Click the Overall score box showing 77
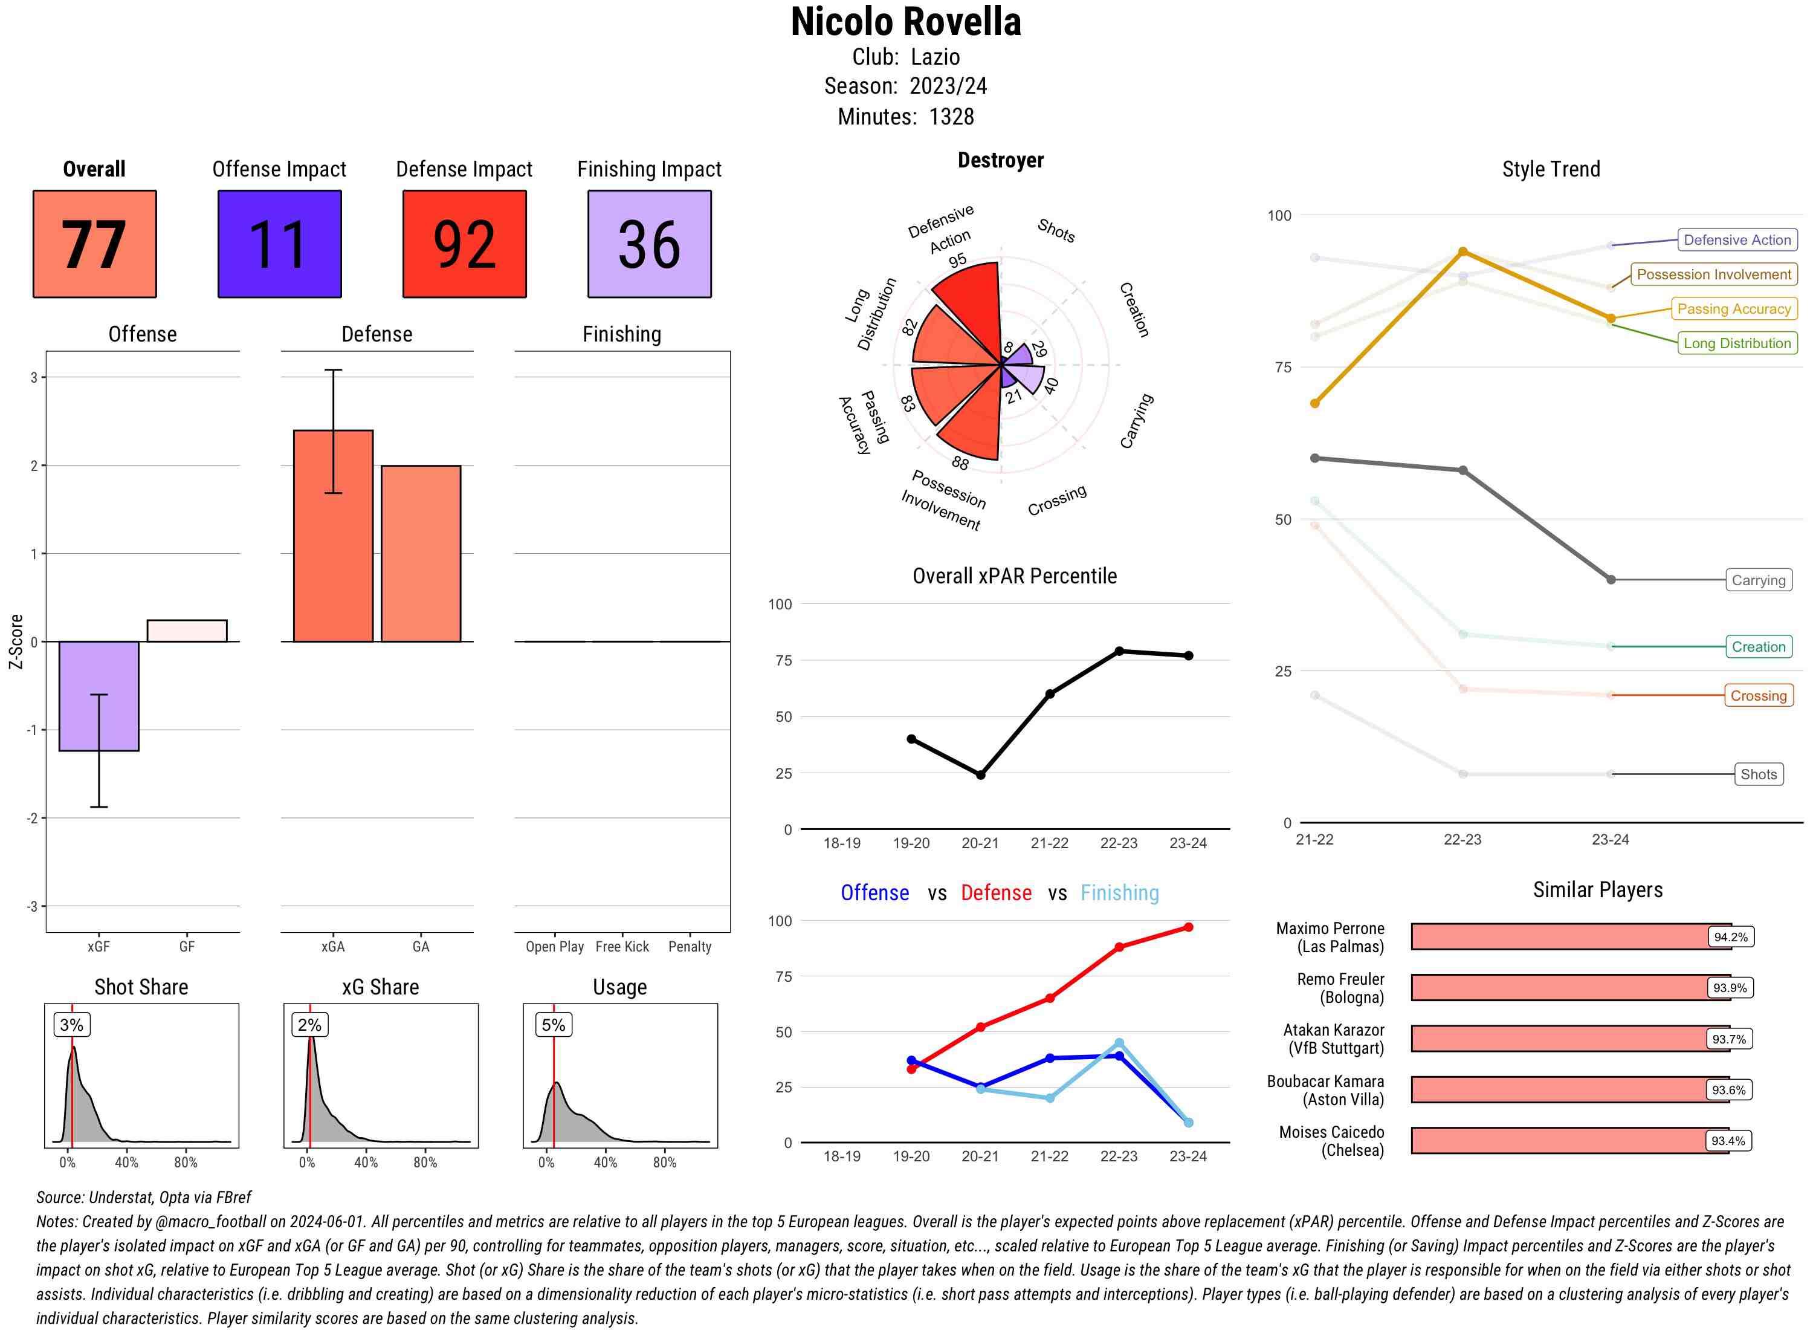pyautogui.click(x=94, y=244)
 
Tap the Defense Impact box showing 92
pyautogui.click(x=464, y=244)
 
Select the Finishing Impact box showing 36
pyautogui.click(x=650, y=244)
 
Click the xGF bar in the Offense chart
pyautogui.click(x=99, y=696)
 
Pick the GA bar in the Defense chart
pyautogui.click(x=421, y=553)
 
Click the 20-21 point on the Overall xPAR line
pyautogui.click(x=980, y=774)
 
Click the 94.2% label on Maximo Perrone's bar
pyautogui.click(x=1730, y=937)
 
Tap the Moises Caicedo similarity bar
pyautogui.click(x=1569, y=1141)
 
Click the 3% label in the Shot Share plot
pyautogui.click(x=72, y=1025)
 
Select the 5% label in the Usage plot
pyautogui.click(x=553, y=1025)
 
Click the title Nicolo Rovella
pyautogui.click(x=906, y=22)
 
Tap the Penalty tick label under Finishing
pyautogui.click(x=690, y=947)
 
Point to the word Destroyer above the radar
pyautogui.click(x=1000, y=160)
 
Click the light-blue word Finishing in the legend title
pyautogui.click(x=1119, y=893)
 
